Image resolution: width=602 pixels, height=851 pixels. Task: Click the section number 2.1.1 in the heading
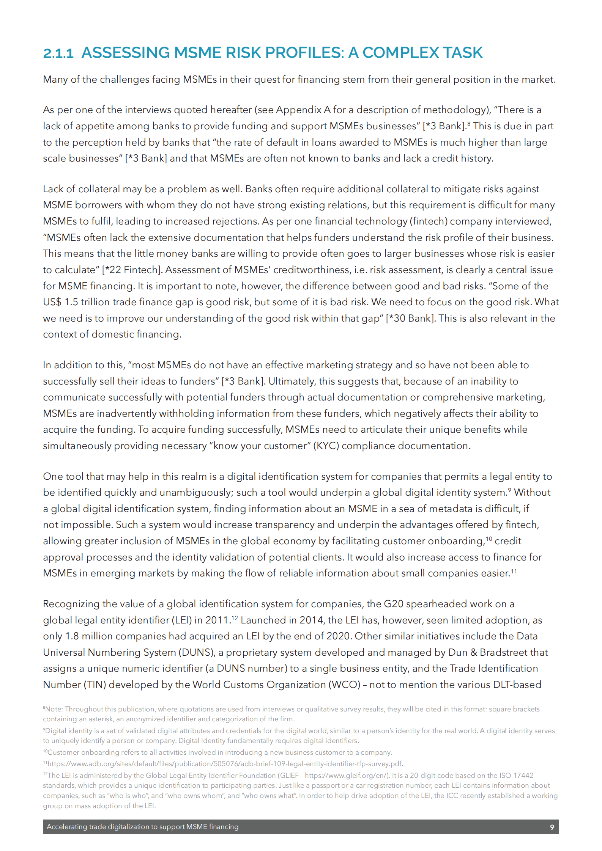pyautogui.click(x=58, y=53)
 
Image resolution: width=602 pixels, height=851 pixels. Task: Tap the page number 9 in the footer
pyautogui.click(x=552, y=827)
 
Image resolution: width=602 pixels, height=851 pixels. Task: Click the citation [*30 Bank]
pyautogui.click(x=410, y=318)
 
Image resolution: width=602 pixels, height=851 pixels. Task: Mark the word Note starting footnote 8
pyautogui.click(x=54, y=709)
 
